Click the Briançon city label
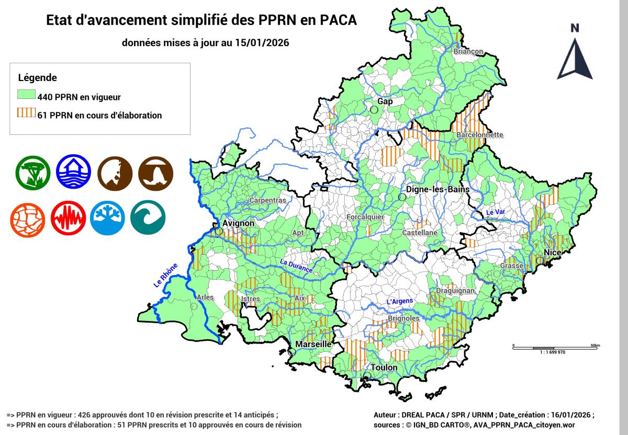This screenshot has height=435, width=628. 468,52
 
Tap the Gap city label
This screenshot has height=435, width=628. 385,101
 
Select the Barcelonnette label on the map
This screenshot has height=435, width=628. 479,135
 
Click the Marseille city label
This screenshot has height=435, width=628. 313,345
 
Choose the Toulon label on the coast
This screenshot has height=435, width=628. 384,368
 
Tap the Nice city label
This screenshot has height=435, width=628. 552,253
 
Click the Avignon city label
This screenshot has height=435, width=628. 238,223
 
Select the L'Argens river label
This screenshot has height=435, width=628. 399,301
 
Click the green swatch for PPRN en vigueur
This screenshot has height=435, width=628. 26,96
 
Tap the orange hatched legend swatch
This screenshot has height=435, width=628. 26,115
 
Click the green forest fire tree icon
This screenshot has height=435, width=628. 32,172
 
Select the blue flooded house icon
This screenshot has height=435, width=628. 73,172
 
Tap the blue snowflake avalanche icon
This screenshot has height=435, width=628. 107,217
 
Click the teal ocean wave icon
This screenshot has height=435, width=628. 148,217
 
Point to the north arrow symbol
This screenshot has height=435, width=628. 575,52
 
